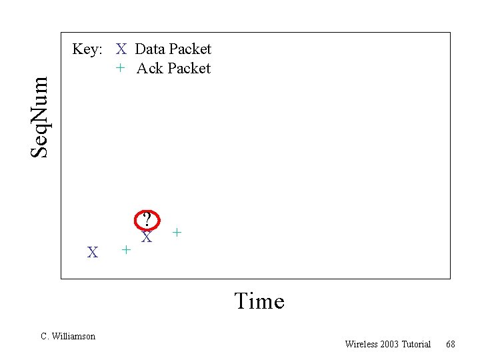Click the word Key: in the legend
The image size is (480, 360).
pos(87,49)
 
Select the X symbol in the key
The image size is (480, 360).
pos(121,49)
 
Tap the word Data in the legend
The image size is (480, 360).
pos(150,49)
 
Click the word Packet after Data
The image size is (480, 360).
pos(190,49)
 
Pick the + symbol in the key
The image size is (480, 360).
pos(120,68)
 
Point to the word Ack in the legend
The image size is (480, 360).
pos(149,69)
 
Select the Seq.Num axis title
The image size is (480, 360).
pos(41,117)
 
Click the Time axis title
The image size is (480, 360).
pos(259,301)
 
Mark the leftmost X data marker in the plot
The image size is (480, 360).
pos(93,253)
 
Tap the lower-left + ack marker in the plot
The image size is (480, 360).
pos(125,250)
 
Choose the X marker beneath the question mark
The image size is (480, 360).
pos(147,237)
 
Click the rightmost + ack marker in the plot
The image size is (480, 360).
pos(177,233)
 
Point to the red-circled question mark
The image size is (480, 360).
pos(149,219)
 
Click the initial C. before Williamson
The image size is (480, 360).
pos(45,337)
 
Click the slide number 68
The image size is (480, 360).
pos(451,344)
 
